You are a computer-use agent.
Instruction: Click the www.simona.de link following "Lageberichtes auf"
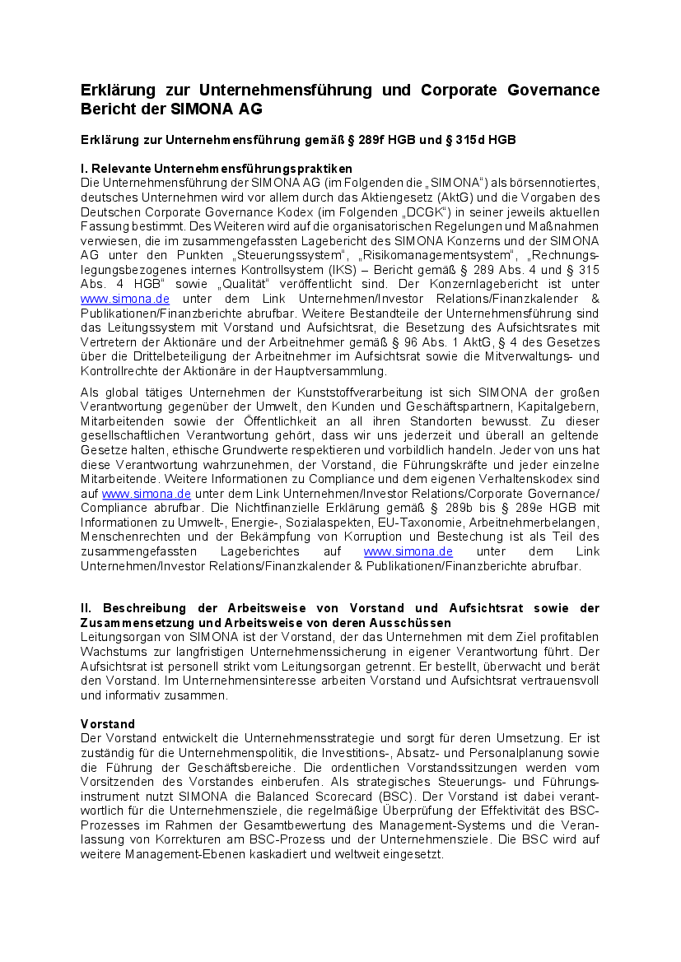pyautogui.click(x=408, y=551)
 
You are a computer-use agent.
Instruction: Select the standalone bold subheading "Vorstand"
pyautogui.click(x=108, y=724)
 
